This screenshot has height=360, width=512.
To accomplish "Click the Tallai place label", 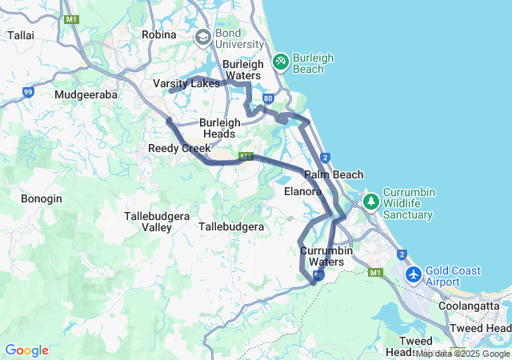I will click(19, 35).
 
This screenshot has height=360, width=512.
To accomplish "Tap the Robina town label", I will click(158, 34).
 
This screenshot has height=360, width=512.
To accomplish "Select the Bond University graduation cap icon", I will click(202, 38).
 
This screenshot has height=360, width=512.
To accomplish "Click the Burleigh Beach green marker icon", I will click(280, 62).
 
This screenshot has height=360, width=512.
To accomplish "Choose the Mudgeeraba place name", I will click(86, 94).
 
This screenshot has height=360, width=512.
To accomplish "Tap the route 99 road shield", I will click(28, 93).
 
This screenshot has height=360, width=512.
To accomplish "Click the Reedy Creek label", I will click(179, 148).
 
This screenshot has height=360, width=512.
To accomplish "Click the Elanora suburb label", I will click(303, 192).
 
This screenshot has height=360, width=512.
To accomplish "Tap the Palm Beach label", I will click(334, 174).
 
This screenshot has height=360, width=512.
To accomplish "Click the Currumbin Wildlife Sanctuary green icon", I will click(370, 200).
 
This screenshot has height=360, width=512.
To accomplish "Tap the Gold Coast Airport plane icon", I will click(414, 275).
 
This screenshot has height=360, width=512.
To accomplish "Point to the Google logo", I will click(26, 350).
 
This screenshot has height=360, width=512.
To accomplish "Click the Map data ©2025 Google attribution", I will click(462, 354).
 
